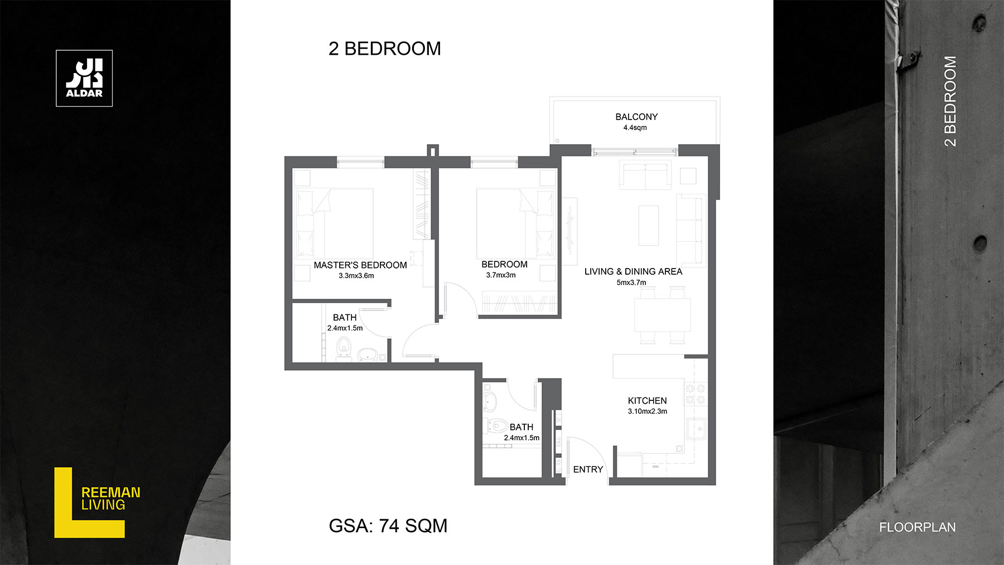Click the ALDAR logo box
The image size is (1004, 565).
tap(84, 78)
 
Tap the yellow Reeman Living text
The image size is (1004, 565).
tap(110, 499)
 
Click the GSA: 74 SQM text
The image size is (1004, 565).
tap(388, 526)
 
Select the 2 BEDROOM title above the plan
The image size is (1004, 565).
tap(385, 49)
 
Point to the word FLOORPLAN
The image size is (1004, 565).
tap(917, 527)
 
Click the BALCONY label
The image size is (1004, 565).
tap(636, 117)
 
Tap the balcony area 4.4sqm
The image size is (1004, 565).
tap(635, 128)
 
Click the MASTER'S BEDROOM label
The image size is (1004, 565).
tap(360, 265)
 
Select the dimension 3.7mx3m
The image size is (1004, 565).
tap(500, 275)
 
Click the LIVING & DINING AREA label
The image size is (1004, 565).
tap(633, 271)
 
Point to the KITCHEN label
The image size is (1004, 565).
tap(647, 400)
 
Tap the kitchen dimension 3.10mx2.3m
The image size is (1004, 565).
tap(647, 411)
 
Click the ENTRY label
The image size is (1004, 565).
tap(588, 470)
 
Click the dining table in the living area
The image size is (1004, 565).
tap(662, 315)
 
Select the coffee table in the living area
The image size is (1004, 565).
tap(649, 226)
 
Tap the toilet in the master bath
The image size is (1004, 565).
tap(344, 347)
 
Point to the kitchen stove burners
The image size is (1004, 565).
tap(695, 394)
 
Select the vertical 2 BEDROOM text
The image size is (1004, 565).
tap(950, 101)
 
